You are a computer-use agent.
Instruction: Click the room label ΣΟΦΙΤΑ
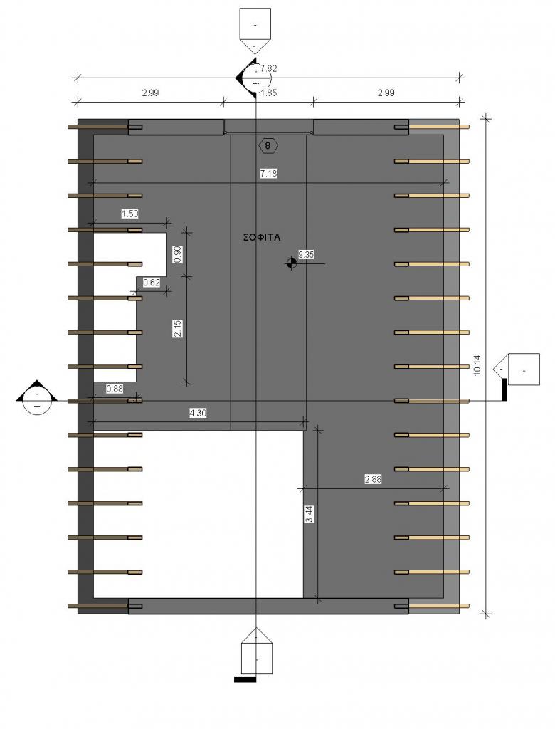click(262, 237)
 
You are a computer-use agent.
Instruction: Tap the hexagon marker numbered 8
click(268, 145)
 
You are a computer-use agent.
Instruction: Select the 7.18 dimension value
click(269, 174)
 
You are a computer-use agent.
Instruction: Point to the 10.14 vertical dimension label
click(477, 365)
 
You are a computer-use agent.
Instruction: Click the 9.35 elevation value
click(307, 254)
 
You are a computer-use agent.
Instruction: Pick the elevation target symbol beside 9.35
click(292, 263)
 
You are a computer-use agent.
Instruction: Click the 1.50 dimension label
click(129, 214)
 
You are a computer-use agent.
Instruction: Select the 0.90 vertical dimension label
click(178, 254)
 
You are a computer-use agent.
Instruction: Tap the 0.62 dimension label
click(152, 282)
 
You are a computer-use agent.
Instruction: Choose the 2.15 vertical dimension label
click(178, 329)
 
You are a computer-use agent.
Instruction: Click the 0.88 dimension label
click(115, 388)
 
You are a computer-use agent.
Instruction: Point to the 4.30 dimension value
click(198, 412)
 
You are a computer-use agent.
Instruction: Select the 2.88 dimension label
click(374, 479)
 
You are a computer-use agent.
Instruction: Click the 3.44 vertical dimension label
click(310, 514)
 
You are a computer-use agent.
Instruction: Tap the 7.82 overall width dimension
click(269, 68)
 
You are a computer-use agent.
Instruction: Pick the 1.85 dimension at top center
click(269, 93)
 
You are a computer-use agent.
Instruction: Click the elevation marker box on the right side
click(517, 369)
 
